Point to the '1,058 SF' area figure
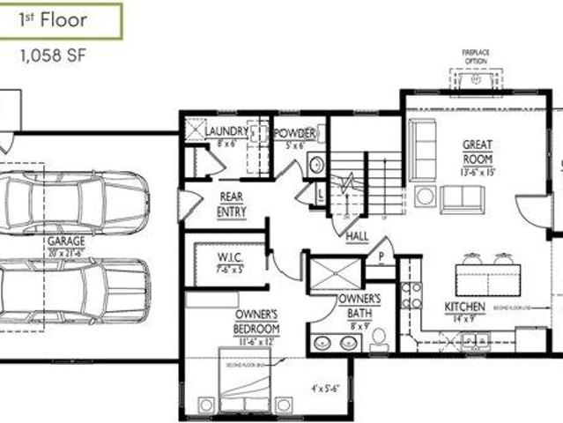pos(54,55)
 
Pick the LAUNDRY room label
pos(227,133)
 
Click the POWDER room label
pos(294,133)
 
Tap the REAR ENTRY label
pos(231,205)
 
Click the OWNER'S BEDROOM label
pos(256,320)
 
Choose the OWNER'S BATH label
pos(359,305)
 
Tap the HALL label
pos(357,236)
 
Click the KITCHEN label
pos(464,307)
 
